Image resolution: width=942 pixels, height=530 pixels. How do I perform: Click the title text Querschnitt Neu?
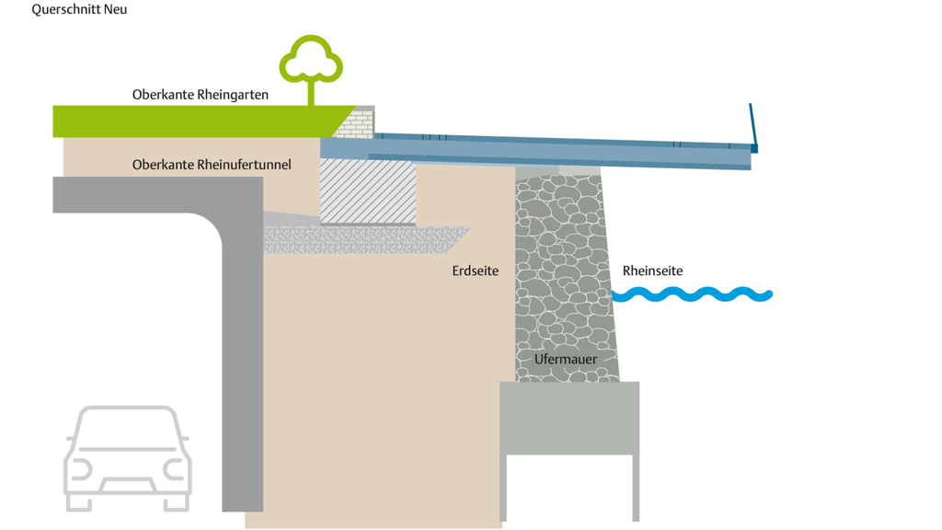click(x=79, y=10)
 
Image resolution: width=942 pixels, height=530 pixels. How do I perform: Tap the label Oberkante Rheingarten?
click(x=200, y=95)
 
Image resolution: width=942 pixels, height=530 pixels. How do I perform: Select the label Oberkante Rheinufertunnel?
click(x=212, y=165)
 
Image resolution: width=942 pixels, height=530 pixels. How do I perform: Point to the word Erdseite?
click(x=475, y=271)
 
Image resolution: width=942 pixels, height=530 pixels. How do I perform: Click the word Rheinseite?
click(x=652, y=271)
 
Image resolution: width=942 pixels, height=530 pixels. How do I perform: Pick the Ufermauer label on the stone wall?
click(x=565, y=360)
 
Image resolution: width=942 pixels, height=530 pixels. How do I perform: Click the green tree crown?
click(x=311, y=59)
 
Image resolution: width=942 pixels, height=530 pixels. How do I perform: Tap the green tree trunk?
click(x=310, y=93)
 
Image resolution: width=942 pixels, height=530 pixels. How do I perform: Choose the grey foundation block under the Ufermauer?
click(x=569, y=419)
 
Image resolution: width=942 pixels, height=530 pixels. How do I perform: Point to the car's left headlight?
click(x=80, y=470)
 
